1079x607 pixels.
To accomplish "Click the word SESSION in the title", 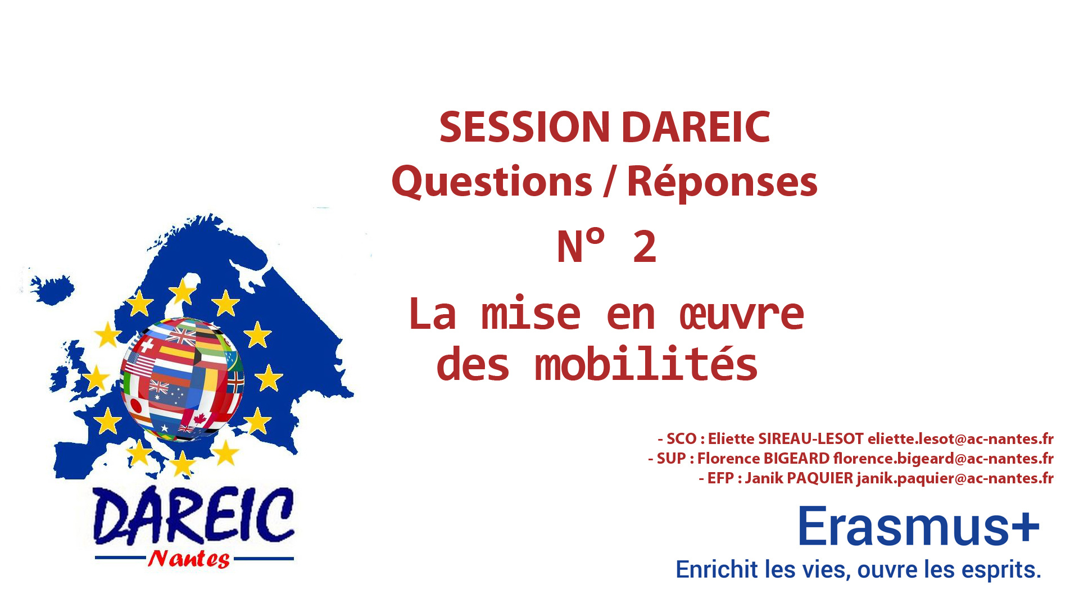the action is (524, 127).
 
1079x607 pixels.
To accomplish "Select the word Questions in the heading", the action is (492, 182).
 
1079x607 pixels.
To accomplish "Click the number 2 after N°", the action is (645, 246).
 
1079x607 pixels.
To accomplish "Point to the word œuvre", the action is (742, 314).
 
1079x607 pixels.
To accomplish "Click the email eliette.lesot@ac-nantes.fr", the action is (960, 438).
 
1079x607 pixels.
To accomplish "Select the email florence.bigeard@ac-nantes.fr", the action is (944, 459).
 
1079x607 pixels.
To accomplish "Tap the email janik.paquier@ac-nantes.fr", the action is (955, 478).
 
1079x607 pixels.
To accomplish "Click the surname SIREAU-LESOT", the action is (811, 438).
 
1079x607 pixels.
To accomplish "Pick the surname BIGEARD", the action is (796, 459).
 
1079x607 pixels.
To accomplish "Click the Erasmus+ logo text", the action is (918, 526).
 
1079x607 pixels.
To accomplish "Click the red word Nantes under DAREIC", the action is (189, 559).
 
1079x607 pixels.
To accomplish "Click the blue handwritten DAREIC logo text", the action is (193, 516).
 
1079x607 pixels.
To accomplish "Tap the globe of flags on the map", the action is (182, 380).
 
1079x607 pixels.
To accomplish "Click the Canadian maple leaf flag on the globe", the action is (198, 418).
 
